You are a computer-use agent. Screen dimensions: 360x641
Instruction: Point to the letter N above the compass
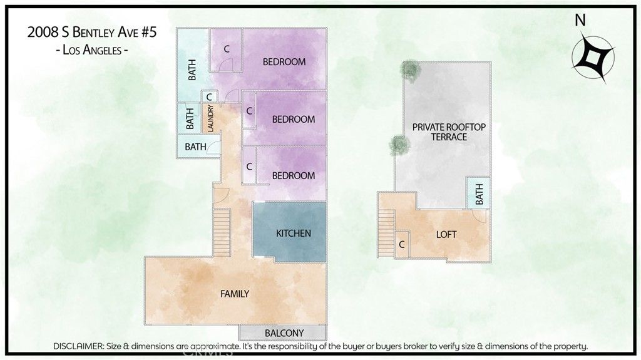[x=580, y=21]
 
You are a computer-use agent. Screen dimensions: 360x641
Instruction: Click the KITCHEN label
[x=293, y=234]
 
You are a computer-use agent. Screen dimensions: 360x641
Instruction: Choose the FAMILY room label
[x=235, y=293]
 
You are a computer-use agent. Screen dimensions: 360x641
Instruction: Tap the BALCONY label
[x=284, y=332]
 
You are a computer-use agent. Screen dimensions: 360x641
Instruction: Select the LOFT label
[x=446, y=235]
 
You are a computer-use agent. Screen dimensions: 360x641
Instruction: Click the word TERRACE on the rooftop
[x=449, y=136]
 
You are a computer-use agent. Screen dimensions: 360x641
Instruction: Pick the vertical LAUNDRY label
[x=210, y=118]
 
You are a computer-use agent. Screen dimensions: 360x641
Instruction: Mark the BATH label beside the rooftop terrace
[x=479, y=194]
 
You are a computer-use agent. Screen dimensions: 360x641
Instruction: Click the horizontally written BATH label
[x=195, y=147]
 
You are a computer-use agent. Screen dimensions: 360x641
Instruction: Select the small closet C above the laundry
[x=208, y=97]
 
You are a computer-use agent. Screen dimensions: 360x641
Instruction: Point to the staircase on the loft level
[x=386, y=232]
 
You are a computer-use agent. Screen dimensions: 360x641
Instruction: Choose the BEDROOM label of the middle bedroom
[x=293, y=119]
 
